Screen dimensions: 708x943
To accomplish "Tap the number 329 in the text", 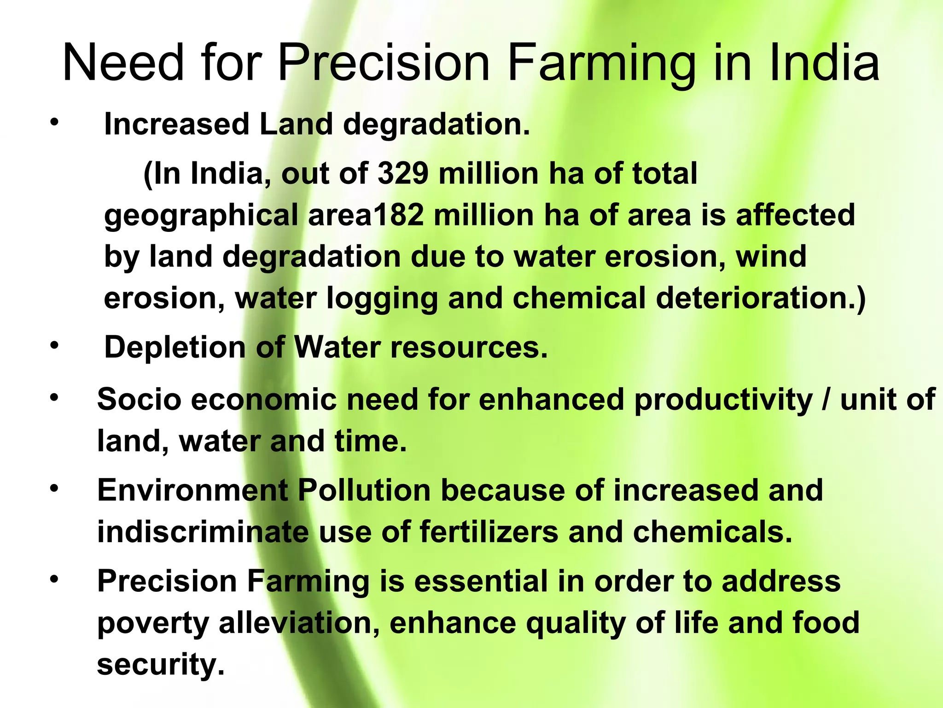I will tap(403, 173).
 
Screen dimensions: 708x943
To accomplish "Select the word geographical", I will tap(201, 216).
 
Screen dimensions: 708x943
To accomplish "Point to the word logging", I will tap(382, 299).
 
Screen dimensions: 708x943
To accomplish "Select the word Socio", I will tap(139, 399).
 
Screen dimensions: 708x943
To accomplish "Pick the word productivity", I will tap(723, 400).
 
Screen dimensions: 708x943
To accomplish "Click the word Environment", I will tap(192, 490).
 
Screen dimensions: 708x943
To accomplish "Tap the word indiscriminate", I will tap(203, 531).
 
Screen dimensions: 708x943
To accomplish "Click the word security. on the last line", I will tap(161, 664).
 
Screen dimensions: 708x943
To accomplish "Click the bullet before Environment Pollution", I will tap(55, 488).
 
